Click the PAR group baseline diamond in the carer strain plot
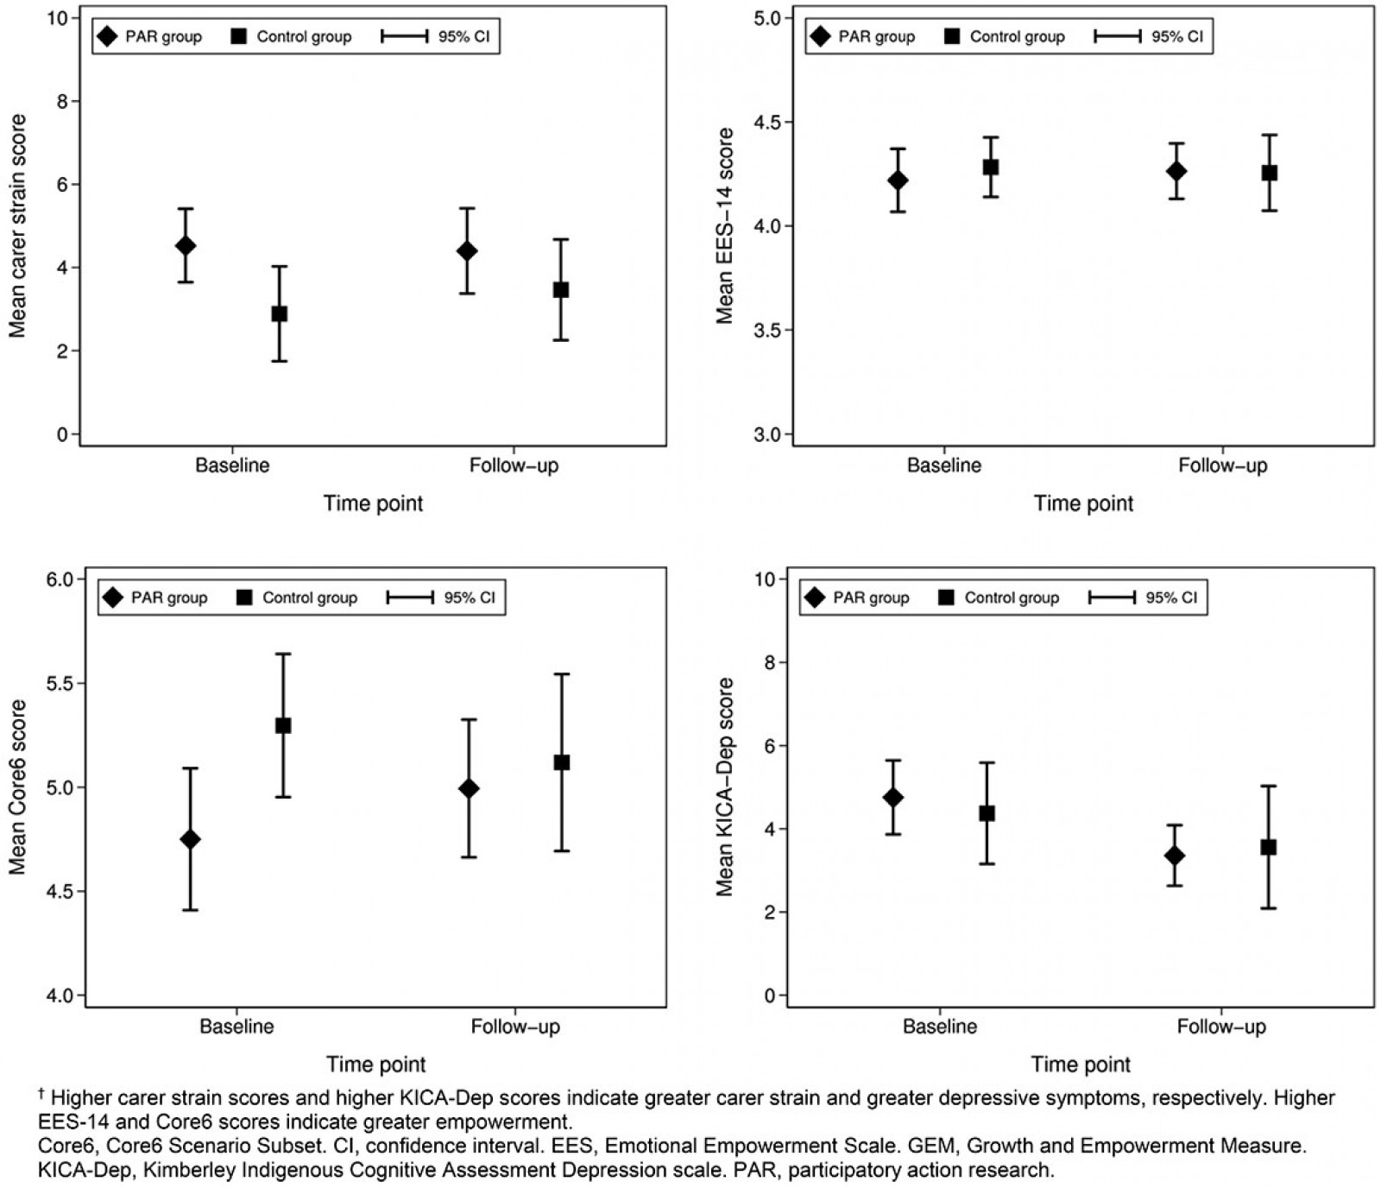click(185, 246)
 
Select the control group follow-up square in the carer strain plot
click(561, 290)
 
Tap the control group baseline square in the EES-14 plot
click(991, 167)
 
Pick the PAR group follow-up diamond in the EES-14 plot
click(1176, 171)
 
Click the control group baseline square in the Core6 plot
click(283, 725)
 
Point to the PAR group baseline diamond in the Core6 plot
click(190, 839)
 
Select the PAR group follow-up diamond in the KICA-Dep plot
click(1174, 856)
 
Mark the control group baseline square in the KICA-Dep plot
click(987, 813)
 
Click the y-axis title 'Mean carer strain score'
click(18, 226)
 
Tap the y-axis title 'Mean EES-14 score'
click(725, 226)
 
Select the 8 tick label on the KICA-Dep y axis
click(765, 663)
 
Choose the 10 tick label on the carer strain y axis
click(58, 18)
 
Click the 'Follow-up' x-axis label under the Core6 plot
click(515, 1027)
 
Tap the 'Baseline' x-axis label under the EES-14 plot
click(943, 465)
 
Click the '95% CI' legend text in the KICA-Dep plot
click(1171, 597)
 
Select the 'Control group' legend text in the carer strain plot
click(304, 37)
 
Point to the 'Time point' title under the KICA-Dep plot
click(1081, 1065)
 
